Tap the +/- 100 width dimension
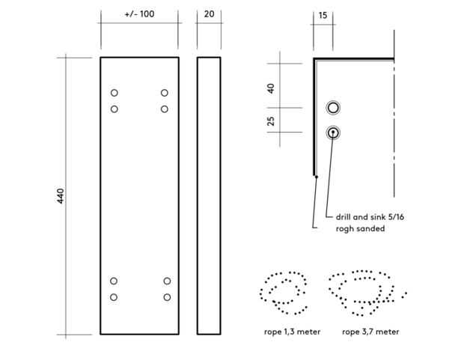coord(139,14)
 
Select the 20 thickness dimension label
coord(209,14)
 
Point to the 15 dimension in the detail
coord(323,14)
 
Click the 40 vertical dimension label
coord(271,87)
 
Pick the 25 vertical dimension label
coord(271,120)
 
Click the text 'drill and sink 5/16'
coord(370,217)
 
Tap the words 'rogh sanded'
coord(360,229)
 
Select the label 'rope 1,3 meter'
coord(292,331)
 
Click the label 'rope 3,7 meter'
coord(370,331)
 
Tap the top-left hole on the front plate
coord(115,93)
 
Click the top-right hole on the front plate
coord(165,93)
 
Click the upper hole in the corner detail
coord(333,108)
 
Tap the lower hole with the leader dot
coord(333,132)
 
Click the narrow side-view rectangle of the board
coord(210,195)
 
